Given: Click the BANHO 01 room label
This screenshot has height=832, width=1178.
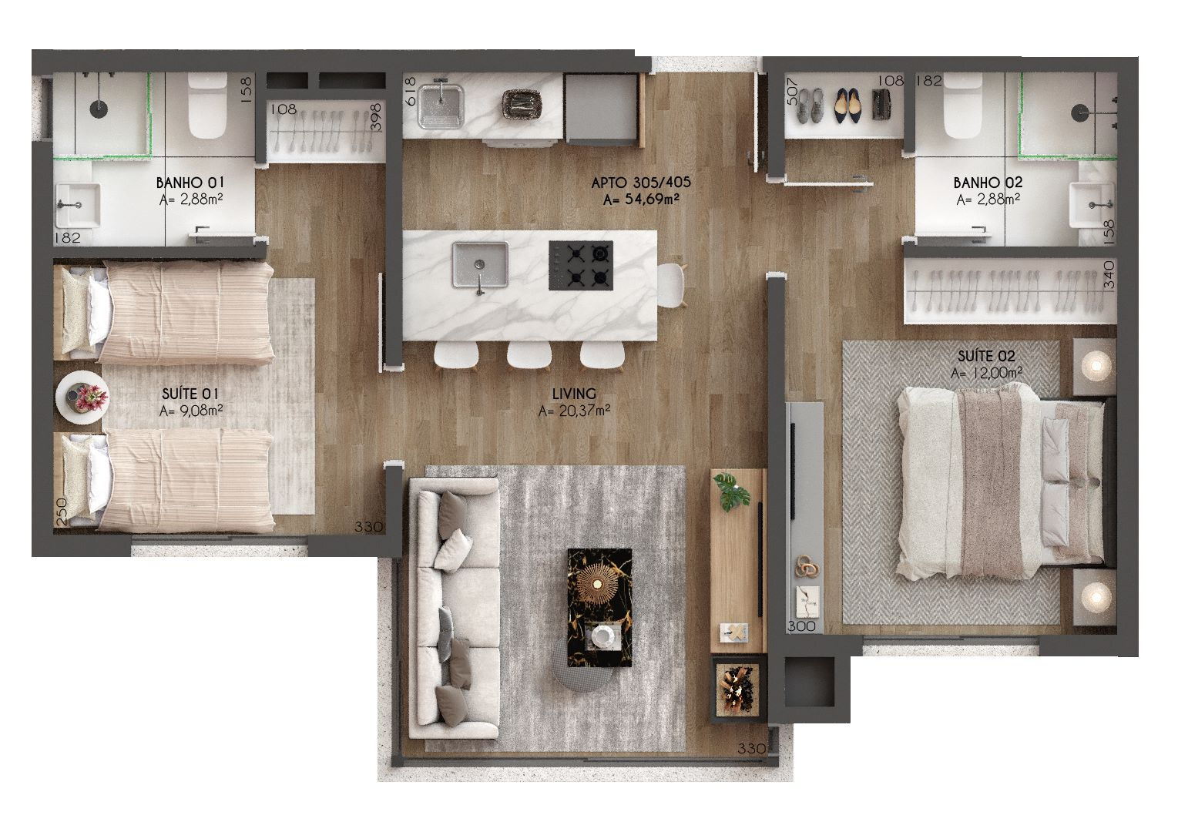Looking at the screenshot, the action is coord(190,183).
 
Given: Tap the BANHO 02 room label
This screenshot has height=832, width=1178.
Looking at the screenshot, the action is coord(988,183).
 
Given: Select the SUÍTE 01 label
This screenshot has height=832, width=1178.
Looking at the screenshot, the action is coord(190,394).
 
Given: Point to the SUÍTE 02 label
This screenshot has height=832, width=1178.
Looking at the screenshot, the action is coord(986,356).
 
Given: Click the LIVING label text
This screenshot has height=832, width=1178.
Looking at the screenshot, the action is coord(574,394).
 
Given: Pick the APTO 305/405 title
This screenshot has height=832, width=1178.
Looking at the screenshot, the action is coord(640,183).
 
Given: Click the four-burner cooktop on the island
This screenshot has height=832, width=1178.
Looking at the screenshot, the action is coord(581,266).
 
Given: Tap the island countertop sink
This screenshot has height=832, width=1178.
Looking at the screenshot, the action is coord(480,266).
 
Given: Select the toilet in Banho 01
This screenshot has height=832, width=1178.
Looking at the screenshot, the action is coord(208,106).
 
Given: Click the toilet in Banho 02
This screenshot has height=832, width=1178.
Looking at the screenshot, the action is coord(963,106).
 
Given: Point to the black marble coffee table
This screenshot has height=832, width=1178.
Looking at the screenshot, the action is coord(599,607).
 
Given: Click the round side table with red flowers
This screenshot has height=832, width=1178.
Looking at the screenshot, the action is coord(82,398).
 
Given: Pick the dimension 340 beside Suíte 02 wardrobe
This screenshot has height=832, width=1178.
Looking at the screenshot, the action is coord(1109,274).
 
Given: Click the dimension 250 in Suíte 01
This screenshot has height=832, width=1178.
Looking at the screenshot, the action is coord(62,512).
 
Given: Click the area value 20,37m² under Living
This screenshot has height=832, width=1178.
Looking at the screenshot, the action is coord(574,411).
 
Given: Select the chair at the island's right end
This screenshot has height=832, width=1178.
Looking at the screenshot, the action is coord(670,285).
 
